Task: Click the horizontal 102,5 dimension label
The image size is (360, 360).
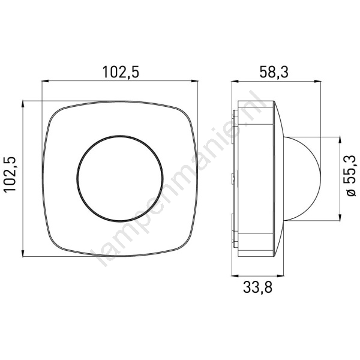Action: click(121, 72)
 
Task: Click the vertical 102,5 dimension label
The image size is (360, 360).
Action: click(10, 174)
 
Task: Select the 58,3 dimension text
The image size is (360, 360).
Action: click(274, 72)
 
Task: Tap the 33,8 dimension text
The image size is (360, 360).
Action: click(257, 287)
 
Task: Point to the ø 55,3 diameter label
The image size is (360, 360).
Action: click(350, 176)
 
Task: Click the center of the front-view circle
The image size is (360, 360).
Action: click(120, 178)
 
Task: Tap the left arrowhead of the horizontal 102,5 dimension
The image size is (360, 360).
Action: click(45, 81)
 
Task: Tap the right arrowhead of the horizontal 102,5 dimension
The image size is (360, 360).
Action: click(194, 81)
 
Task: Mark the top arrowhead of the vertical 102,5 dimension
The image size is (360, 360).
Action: click(23, 104)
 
